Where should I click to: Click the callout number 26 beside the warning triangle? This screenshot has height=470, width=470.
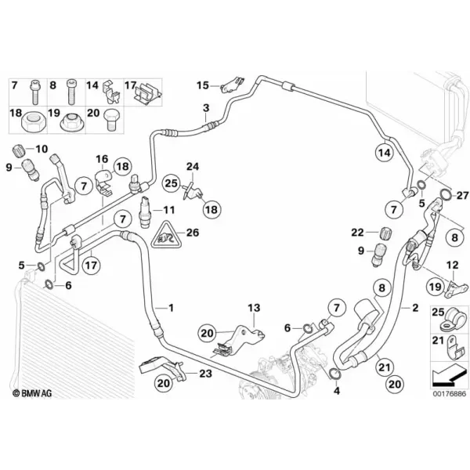tap(193, 233)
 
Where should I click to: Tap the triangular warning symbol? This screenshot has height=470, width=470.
tap(166, 235)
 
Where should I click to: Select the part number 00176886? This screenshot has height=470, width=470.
tap(450, 393)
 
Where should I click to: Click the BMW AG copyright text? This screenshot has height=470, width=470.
tap(32, 393)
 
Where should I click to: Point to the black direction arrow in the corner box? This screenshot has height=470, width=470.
tap(449, 375)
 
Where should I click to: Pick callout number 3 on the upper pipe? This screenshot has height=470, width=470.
tap(206, 108)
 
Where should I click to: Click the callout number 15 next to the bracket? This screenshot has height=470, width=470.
tap(203, 85)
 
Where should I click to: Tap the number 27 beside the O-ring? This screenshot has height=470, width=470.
tap(462, 195)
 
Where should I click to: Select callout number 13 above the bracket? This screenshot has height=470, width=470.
tap(254, 308)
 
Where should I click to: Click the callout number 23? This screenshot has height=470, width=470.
tap(205, 374)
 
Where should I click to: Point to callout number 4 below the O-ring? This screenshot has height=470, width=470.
tap(337, 391)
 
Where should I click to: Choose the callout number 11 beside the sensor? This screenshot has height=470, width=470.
tap(168, 210)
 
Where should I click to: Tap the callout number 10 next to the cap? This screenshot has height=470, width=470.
tap(42, 149)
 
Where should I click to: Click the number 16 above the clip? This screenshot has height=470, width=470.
tap(102, 159)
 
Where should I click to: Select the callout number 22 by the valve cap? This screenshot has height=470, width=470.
tap(357, 233)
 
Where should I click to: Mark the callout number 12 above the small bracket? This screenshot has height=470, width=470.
tap(452, 265)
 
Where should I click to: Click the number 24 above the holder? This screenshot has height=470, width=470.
tap(193, 167)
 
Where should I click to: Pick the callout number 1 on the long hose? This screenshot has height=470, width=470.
tap(171, 308)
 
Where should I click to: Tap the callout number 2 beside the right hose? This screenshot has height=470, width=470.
tap(415, 308)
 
